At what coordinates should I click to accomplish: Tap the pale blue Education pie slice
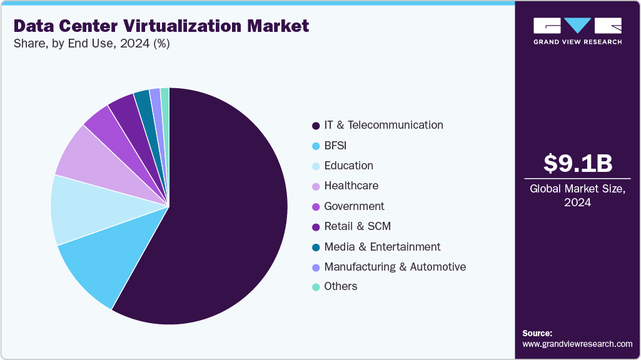78,209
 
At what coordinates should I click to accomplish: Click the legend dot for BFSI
316,146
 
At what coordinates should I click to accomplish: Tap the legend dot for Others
316,287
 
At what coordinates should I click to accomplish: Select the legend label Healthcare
351,186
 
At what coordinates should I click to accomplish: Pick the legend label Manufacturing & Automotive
395,267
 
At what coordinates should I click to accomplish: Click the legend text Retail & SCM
357,226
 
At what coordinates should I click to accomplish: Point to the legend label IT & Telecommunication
383,125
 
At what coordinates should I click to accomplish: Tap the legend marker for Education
316,166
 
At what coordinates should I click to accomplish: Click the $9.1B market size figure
577,163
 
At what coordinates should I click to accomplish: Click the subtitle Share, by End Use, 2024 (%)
92,44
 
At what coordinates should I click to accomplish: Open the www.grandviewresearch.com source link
577,344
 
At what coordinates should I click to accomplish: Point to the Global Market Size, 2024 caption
577,195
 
